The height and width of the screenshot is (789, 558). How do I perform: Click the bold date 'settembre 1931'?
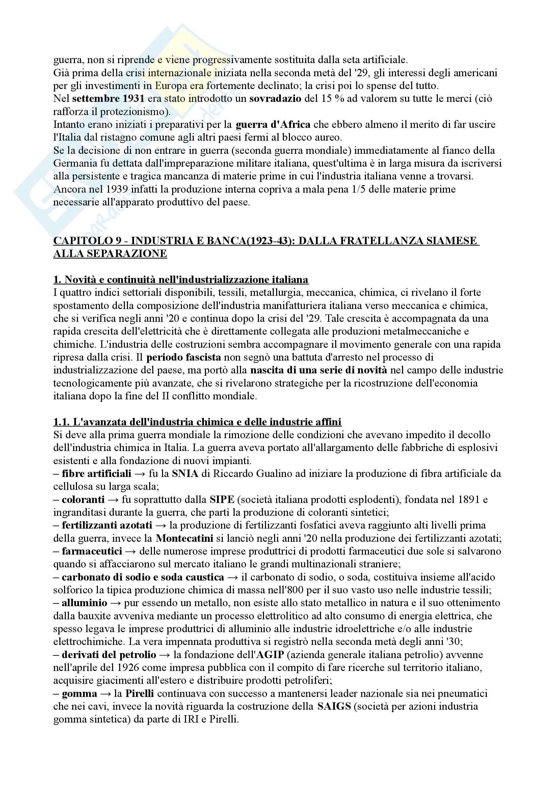(108, 98)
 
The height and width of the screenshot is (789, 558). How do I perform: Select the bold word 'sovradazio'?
(275, 98)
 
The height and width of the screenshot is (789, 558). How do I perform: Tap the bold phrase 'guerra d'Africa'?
(273, 124)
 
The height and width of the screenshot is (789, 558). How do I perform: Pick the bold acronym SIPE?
(222, 499)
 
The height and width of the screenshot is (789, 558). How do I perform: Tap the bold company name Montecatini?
(184, 538)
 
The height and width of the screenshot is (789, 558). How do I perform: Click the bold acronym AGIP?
(270, 655)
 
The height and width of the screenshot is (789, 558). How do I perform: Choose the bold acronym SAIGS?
(334, 707)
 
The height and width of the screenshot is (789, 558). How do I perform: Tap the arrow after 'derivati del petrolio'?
(165, 655)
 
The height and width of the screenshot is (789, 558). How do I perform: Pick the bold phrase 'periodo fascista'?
(184, 357)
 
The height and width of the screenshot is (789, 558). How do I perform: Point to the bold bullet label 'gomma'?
(79, 694)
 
